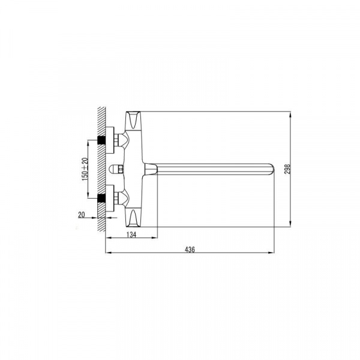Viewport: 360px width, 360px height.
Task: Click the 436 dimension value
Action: [x=190, y=250]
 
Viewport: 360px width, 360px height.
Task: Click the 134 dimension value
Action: [x=131, y=235]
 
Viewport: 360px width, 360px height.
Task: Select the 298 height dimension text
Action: [x=287, y=169]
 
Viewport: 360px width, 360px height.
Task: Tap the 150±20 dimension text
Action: [x=85, y=169]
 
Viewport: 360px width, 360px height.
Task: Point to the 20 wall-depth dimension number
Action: [x=82, y=215]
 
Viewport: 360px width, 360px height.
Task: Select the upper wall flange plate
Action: [x=110, y=140]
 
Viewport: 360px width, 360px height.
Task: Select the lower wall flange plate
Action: [x=110, y=198]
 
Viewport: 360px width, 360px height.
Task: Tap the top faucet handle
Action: [x=133, y=120]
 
